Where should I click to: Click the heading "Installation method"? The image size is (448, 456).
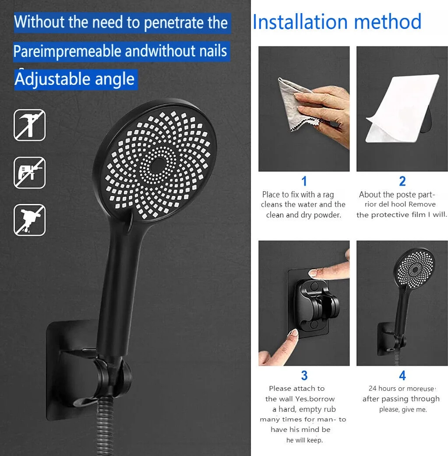(x=337, y=22)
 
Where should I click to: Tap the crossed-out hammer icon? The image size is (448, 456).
(x=30, y=125)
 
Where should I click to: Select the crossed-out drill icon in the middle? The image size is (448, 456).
(x=30, y=172)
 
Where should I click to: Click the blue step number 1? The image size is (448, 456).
(x=304, y=181)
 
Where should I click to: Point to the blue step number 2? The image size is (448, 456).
(x=402, y=181)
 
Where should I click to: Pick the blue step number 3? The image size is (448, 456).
(x=304, y=375)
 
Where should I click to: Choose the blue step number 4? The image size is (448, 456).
(x=402, y=375)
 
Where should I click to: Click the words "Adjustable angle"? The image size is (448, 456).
(x=75, y=79)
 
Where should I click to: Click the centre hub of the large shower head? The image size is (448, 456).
(x=158, y=165)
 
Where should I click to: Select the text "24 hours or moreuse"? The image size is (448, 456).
(x=401, y=389)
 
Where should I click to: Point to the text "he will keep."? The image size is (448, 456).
(x=304, y=440)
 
